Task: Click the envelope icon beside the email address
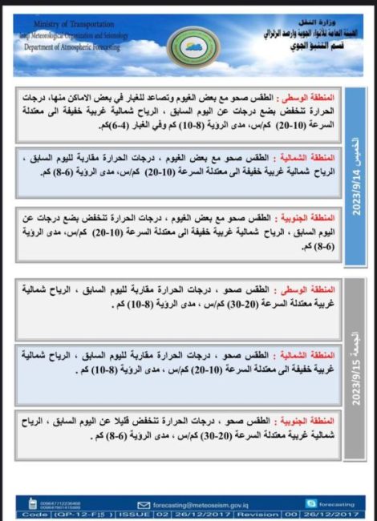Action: [144, 505]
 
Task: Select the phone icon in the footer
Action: [32, 504]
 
